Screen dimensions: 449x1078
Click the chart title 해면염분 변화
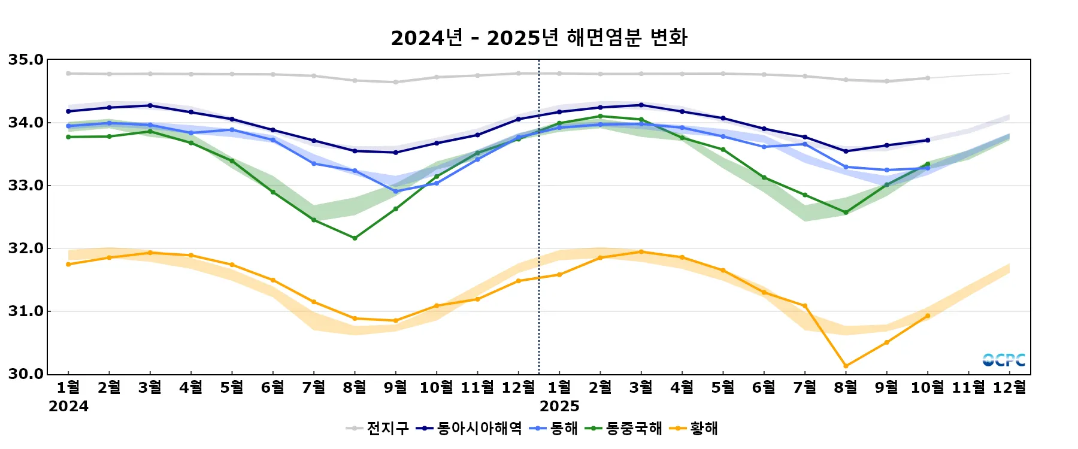(539, 38)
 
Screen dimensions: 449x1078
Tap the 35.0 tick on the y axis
(26, 60)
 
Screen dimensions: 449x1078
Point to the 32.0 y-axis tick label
(26, 248)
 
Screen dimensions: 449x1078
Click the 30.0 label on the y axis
(26, 374)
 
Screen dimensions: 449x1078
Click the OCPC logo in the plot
(1004, 360)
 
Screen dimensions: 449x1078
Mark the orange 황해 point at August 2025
(846, 366)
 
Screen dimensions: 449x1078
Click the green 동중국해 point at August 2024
(355, 238)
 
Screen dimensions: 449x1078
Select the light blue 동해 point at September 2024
(395, 192)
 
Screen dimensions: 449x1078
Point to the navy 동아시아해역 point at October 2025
(928, 140)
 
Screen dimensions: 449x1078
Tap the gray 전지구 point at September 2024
(395, 82)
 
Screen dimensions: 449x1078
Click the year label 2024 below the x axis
(68, 406)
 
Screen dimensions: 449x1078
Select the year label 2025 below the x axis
(559, 406)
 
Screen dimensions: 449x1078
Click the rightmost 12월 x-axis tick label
(1010, 388)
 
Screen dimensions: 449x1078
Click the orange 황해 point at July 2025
(805, 306)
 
